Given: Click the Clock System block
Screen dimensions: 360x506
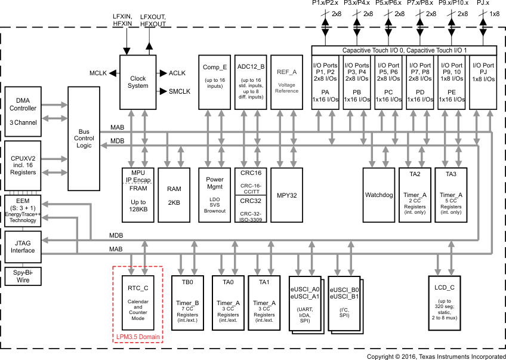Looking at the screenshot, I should (138, 82).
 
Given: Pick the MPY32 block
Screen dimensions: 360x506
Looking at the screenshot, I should (287, 195).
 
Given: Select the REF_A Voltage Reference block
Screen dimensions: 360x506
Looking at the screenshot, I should (287, 82).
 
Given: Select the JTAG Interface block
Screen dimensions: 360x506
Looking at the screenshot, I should (23, 247).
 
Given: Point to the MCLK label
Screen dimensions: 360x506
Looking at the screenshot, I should (98, 73).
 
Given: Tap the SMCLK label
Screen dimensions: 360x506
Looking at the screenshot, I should (179, 91).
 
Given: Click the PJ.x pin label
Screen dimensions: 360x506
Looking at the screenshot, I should (484, 4).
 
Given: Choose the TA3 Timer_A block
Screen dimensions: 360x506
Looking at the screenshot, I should (451, 195).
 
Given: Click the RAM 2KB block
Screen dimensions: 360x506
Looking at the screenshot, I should (174, 195).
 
